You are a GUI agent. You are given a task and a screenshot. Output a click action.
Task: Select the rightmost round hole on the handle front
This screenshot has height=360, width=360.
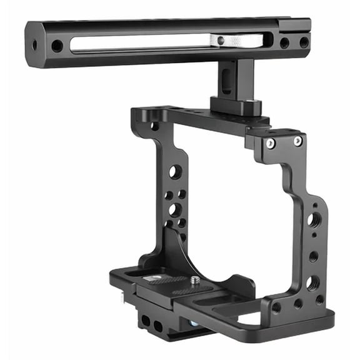(304, 42)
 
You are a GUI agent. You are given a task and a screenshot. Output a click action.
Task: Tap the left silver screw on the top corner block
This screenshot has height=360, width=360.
(270, 143)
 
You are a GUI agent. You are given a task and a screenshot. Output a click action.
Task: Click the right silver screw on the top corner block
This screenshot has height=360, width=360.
(298, 141)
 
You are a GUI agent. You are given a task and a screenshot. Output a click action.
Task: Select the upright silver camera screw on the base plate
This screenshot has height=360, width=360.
(195, 282)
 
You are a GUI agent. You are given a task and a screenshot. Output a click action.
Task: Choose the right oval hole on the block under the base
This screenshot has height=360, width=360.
(158, 326)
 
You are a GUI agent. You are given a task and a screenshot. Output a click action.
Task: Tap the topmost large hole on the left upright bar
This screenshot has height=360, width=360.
(175, 171)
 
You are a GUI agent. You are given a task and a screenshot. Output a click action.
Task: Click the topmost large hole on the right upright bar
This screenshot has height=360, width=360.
(314, 220)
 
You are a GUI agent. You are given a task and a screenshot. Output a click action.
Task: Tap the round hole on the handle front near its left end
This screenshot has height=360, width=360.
(57, 46)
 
